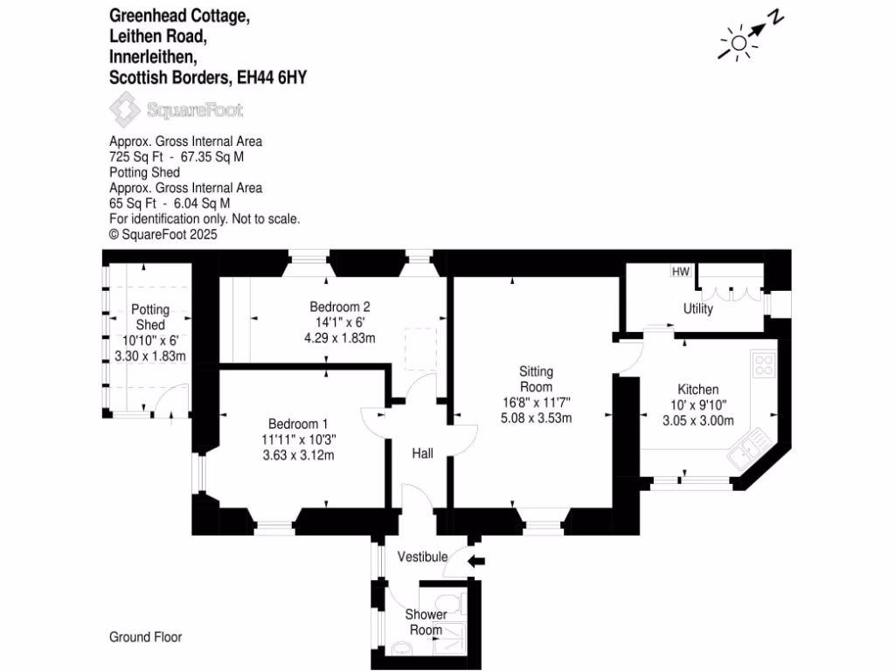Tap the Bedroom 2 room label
pyautogui.click(x=340, y=307)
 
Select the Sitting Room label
pyautogui.click(x=536, y=378)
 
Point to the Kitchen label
pyautogui.click(x=698, y=389)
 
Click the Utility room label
pyautogui.click(x=698, y=308)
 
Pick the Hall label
pyautogui.click(x=423, y=453)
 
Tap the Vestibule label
pyautogui.click(x=422, y=557)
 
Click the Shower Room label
pyautogui.click(x=427, y=622)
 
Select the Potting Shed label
pyautogui.click(x=150, y=317)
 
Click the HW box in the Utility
pyautogui.click(x=681, y=272)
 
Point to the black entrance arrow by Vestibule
pyautogui.click(x=475, y=561)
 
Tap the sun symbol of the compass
pyautogui.click(x=739, y=43)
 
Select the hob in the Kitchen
pyautogui.click(x=763, y=363)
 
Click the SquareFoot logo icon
pyautogui.click(x=125, y=111)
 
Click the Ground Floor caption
pyautogui.click(x=146, y=637)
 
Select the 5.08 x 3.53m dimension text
pyautogui.click(x=536, y=418)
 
